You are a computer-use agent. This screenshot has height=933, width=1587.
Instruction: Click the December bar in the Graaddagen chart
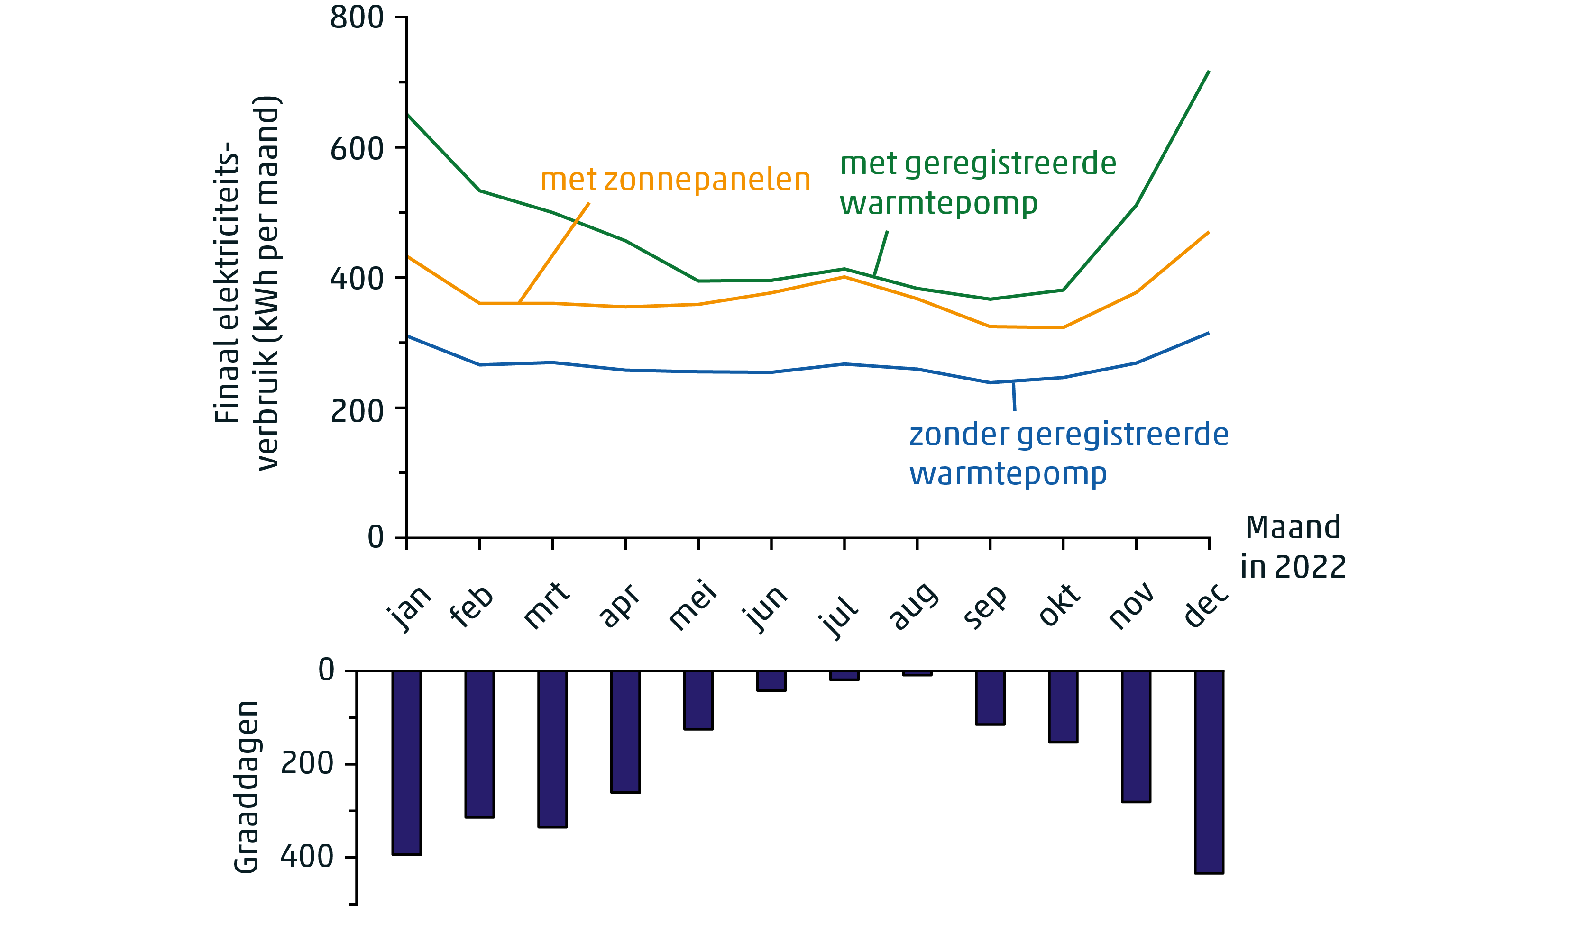(x=1209, y=772)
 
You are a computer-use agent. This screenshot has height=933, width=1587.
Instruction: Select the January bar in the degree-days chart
(x=406, y=762)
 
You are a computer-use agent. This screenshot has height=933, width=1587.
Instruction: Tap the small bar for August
(x=917, y=673)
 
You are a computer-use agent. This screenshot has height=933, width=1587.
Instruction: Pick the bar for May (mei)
(x=698, y=700)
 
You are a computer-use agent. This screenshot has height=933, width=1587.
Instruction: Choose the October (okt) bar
(x=1063, y=707)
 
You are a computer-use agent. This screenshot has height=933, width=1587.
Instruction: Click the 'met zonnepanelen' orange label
(x=675, y=180)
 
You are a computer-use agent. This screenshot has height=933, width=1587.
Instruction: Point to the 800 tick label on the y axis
(x=357, y=18)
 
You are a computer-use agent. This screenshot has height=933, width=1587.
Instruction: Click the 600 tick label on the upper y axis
(x=357, y=149)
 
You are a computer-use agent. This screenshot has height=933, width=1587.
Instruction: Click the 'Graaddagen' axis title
(x=246, y=787)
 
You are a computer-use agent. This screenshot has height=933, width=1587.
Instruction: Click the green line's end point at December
(x=1209, y=71)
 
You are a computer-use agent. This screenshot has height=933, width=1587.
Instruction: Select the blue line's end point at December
(x=1209, y=333)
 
